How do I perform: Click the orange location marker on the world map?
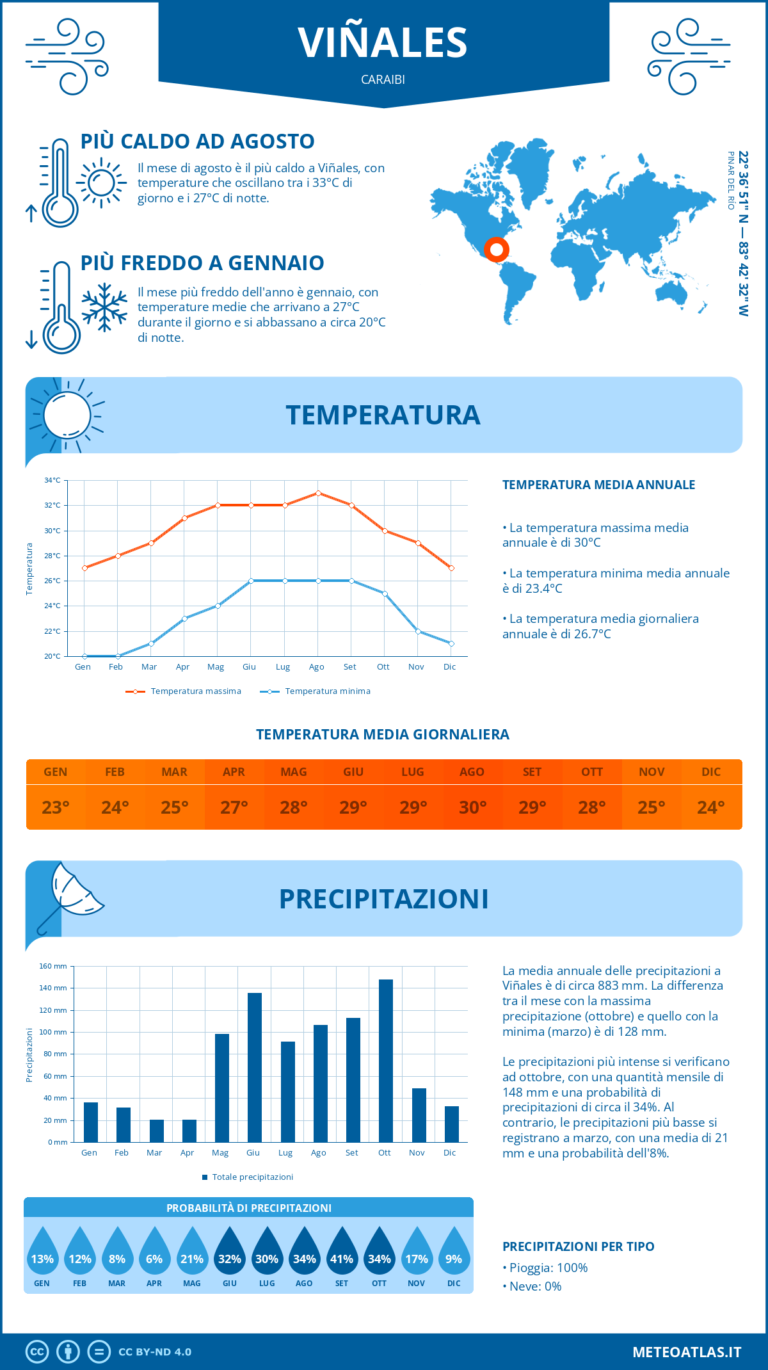496,249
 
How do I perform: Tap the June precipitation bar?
254,1067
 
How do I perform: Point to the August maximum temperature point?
318,493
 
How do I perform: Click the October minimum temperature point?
385,593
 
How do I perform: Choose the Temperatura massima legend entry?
184,691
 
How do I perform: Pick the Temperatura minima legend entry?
316,691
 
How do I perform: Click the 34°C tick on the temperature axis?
52,480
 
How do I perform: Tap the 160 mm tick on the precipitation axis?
54,966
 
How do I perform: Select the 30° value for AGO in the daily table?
472,807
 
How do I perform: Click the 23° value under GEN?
56,807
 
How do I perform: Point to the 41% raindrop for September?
342,1259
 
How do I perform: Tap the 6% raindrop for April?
154,1259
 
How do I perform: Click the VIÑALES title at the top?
383,43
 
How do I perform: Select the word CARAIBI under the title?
383,80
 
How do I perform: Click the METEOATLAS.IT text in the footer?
687,1352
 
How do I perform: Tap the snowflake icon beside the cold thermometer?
104,307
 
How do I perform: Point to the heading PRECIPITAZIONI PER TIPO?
578,1246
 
